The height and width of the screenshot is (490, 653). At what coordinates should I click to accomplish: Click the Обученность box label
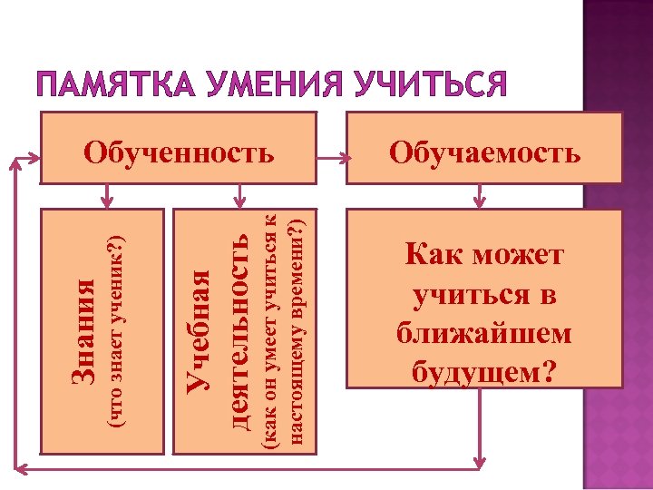179,152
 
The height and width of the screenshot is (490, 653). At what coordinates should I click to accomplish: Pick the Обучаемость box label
484,152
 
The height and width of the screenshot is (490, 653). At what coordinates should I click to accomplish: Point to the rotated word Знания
84,330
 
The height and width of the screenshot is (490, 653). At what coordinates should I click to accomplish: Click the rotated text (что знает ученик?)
115,330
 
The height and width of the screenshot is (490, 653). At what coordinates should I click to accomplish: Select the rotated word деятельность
239,330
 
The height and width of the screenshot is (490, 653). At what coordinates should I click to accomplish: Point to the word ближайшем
484,334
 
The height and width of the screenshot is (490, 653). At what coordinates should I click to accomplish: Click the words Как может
484,255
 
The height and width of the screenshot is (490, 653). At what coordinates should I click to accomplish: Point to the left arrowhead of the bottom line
24,469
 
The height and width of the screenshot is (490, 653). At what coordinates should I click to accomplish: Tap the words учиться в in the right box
484,295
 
